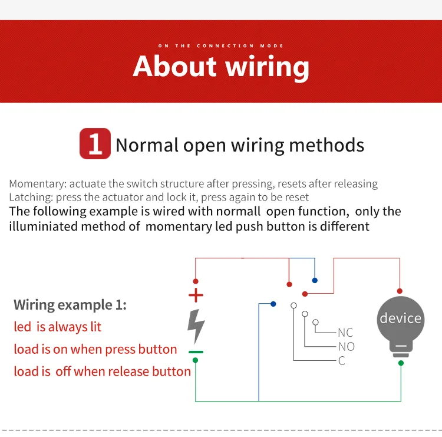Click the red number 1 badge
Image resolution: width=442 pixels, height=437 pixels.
[x=95, y=144]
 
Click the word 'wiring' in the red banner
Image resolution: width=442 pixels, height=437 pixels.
[x=267, y=67]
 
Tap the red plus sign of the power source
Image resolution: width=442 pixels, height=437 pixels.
[x=196, y=295]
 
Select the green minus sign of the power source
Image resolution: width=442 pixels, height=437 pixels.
[x=196, y=352]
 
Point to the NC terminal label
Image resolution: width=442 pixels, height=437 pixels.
[x=345, y=333]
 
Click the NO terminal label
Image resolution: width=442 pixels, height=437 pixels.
[x=346, y=347]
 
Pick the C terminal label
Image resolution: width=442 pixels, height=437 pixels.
[x=342, y=361]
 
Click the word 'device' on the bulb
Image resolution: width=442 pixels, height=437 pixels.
[x=401, y=318]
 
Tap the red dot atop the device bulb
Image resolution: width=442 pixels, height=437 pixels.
[x=400, y=291]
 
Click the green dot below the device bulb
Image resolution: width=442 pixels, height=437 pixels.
[x=401, y=363]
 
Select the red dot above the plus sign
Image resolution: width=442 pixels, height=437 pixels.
[x=196, y=282]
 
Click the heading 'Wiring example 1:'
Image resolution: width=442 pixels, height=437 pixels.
[x=70, y=305]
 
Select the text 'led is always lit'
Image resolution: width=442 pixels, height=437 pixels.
[x=58, y=327]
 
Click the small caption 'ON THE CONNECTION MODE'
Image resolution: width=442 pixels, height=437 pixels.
[x=221, y=46]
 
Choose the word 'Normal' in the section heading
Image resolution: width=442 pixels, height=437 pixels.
[x=147, y=145]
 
